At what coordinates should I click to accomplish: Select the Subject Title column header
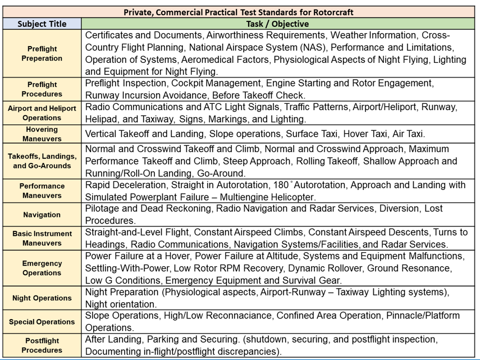click(42, 24)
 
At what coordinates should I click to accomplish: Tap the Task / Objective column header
click(277, 24)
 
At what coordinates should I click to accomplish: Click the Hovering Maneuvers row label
click(42, 134)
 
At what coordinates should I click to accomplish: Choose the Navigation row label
click(42, 215)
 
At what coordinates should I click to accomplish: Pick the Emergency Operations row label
click(42, 268)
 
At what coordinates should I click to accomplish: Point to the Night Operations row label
click(42, 298)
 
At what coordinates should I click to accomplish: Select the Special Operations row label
click(42, 322)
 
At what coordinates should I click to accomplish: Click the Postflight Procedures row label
click(42, 345)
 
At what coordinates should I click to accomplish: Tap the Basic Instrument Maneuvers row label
click(42, 238)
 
